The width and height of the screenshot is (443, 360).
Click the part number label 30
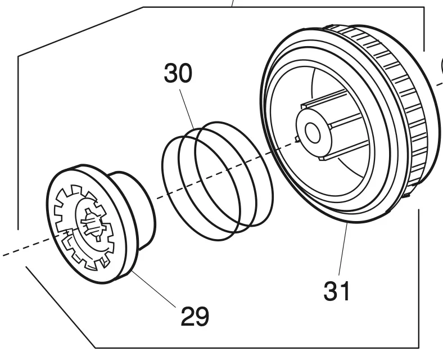pyautogui.click(x=178, y=73)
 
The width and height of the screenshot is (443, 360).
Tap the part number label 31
pyautogui.click(x=337, y=291)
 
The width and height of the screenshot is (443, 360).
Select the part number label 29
pyautogui.click(x=195, y=316)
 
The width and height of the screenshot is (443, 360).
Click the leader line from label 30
pyautogui.click(x=187, y=109)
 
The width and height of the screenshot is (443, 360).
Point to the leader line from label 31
pyautogui.click(x=343, y=249)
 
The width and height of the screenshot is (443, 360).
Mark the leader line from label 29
pyautogui.click(x=153, y=289)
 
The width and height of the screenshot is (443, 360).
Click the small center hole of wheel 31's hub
pyautogui.click(x=313, y=133)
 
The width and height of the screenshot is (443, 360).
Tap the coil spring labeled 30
pyautogui.click(x=218, y=181)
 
